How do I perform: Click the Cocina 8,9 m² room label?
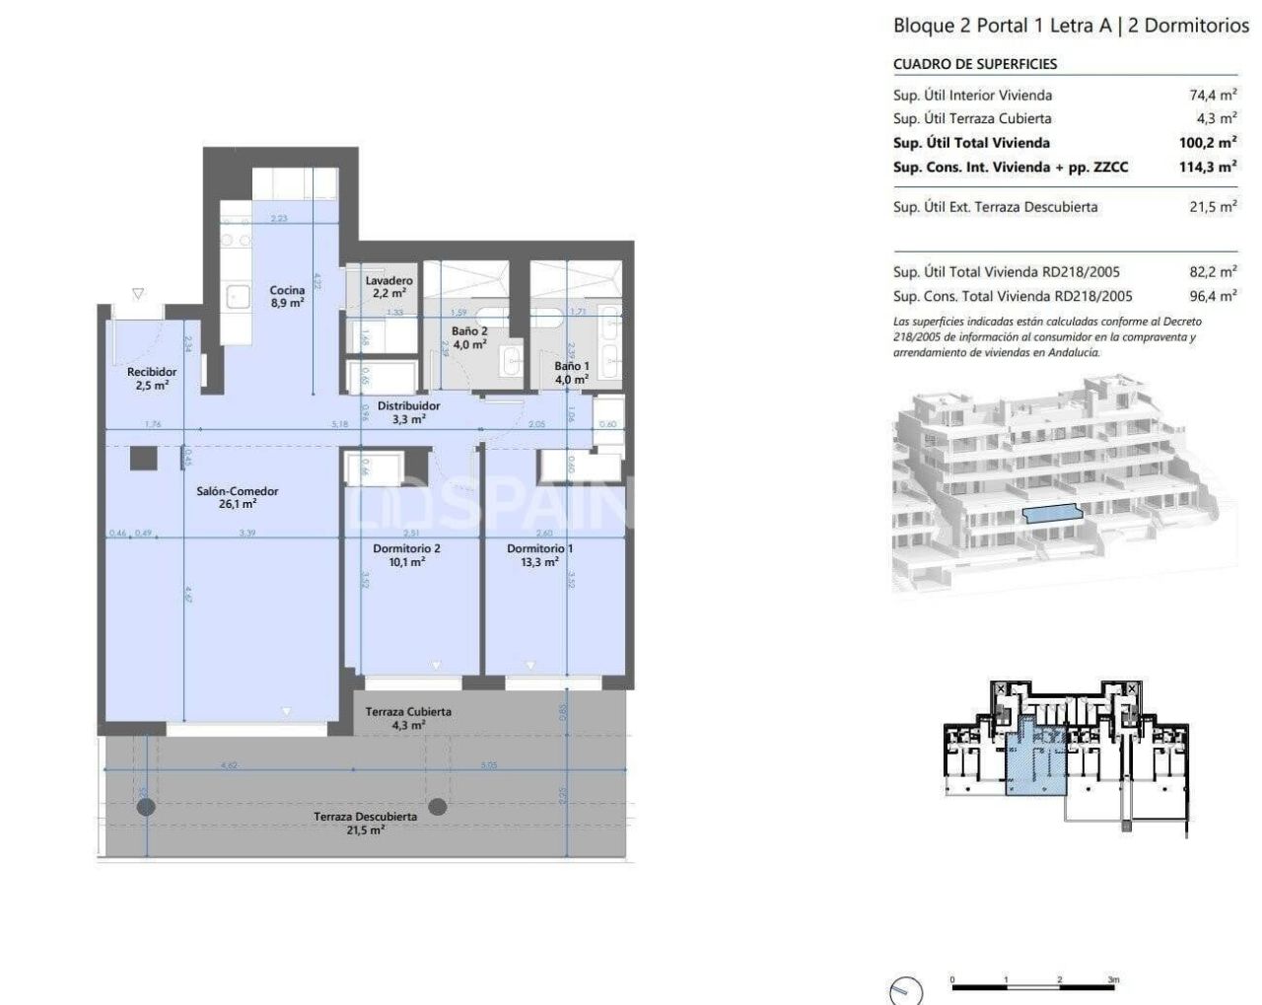287,297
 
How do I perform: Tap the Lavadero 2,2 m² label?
388,287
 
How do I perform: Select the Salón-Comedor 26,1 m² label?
237,497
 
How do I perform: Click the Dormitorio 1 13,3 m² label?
539,554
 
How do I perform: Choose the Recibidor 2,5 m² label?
152,379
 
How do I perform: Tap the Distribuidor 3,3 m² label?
408,412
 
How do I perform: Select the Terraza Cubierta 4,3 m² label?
408,718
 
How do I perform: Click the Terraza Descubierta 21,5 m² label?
365,823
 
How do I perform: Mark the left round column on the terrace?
146,808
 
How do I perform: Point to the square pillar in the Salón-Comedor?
144,459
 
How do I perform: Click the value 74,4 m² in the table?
1213,96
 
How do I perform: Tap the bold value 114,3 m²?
1208,167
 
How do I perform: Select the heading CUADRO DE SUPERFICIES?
974,64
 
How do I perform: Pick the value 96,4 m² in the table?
1213,296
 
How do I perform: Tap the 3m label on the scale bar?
1112,980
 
